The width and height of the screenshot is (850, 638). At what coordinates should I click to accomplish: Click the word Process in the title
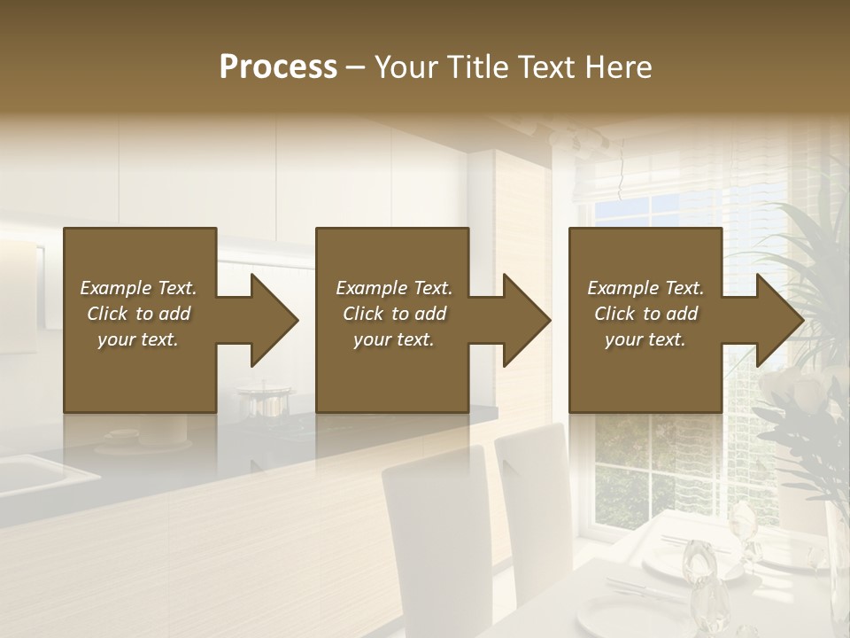pos(278,67)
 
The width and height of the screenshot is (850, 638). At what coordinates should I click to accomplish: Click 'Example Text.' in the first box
pos(138,288)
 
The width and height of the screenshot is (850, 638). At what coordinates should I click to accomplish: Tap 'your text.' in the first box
pos(138,339)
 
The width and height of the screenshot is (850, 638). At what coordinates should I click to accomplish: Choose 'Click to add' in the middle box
pos(394,314)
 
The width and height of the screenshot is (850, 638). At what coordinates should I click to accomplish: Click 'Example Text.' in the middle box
pos(394,288)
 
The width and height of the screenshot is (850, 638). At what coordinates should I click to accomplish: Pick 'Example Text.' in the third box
pos(645,288)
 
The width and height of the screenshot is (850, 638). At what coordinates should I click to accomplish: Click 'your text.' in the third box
pos(645,339)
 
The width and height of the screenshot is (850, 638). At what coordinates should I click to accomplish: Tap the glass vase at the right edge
pos(837,567)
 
